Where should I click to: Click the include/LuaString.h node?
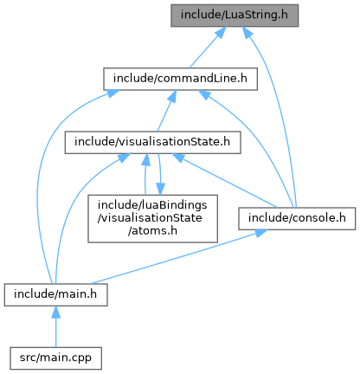tap(235, 16)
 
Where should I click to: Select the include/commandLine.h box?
tap(180, 79)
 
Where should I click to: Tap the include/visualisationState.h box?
tap(152, 143)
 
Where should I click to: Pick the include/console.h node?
tap(297, 218)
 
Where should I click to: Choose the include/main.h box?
tap(55, 294)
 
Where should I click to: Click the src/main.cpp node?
tap(55, 358)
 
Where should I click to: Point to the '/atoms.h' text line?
tap(152, 231)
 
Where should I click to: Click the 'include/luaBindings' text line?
tap(152, 205)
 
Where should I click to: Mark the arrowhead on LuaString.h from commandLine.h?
tap(221, 32)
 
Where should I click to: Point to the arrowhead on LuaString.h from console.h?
tap(247, 32)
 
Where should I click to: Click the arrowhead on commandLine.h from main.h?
tap(112, 93)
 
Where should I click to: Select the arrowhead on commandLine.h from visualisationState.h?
tap(172, 96)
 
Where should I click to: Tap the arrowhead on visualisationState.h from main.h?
tap(124, 158)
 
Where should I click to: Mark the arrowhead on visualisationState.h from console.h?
tap(177, 158)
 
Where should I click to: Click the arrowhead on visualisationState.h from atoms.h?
tap(146, 160)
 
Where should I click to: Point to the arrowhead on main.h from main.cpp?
tap(55, 313)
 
